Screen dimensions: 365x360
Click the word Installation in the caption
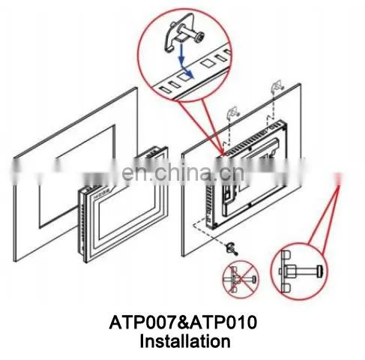pyautogui.click(x=185, y=341)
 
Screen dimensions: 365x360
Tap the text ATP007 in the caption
pyautogui.click(x=143, y=322)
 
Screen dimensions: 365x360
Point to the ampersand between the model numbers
pyautogui.click(x=184, y=322)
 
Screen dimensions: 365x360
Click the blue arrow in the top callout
pyautogui.click(x=184, y=61)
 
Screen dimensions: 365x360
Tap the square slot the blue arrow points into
pyautogui.click(x=185, y=76)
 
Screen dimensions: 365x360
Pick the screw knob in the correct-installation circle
pyautogui.click(x=320, y=271)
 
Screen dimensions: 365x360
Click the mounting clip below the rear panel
pyautogui.click(x=232, y=249)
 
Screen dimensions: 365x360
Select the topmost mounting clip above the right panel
pyautogui.click(x=277, y=85)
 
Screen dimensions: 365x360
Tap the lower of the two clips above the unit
pyautogui.click(x=233, y=112)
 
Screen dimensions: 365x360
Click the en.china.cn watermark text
pyautogui.click(x=183, y=172)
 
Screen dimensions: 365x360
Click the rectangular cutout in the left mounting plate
pyautogui.click(x=76, y=176)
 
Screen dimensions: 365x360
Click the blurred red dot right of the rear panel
pyautogui.click(x=339, y=178)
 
